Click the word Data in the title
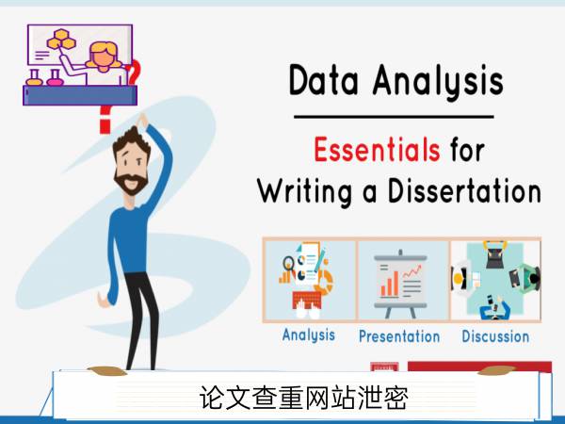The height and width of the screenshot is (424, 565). point(324,80)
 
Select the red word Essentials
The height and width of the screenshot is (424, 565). point(377,149)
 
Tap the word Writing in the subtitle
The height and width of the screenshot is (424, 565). point(304,191)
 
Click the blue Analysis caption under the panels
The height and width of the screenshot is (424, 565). point(309,335)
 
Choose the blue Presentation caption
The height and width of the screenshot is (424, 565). point(399,336)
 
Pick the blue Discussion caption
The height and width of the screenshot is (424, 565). point(495,336)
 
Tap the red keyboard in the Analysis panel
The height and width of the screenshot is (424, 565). point(307,301)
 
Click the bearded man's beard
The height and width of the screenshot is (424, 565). point(131,183)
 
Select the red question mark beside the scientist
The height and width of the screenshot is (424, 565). point(133,72)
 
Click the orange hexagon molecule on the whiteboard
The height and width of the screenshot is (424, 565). point(61,40)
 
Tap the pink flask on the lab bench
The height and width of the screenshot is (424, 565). point(55,78)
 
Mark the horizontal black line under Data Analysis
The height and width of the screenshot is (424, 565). point(394,117)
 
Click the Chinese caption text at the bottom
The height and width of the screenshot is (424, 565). point(304,398)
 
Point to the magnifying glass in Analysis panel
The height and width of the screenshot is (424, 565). point(289,264)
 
